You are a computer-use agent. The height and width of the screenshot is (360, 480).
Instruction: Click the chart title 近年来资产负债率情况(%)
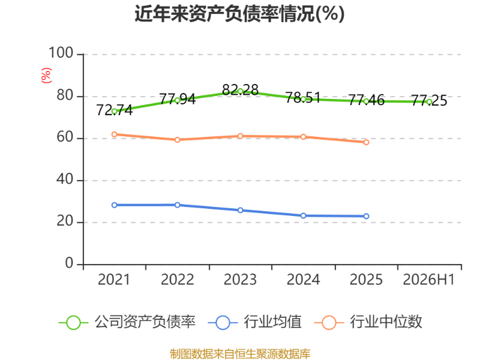click(239, 14)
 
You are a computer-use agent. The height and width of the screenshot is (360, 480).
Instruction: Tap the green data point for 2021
click(115, 112)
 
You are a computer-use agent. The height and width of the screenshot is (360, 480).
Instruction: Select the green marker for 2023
click(241, 91)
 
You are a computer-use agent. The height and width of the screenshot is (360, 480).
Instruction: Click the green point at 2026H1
click(429, 102)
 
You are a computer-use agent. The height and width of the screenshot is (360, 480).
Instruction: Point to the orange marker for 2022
click(177, 140)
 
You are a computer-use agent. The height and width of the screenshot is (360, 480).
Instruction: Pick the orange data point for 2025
click(366, 142)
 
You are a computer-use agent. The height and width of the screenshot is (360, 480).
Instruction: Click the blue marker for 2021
click(115, 205)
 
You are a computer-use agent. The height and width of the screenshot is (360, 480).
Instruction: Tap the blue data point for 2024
click(304, 216)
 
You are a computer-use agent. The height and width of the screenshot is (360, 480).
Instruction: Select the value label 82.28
click(241, 89)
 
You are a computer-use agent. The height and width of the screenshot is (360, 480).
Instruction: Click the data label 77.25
click(429, 100)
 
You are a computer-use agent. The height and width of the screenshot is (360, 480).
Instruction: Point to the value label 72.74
click(115, 110)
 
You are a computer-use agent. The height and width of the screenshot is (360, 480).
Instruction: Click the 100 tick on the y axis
click(61, 53)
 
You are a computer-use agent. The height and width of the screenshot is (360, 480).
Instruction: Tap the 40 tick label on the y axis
click(65, 179)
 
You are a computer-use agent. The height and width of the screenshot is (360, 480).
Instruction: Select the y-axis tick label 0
click(69, 263)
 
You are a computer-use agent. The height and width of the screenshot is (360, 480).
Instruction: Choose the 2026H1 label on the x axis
click(429, 280)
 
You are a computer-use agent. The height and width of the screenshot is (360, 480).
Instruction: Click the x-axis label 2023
click(241, 280)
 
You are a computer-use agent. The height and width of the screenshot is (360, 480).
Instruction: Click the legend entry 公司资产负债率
click(127, 322)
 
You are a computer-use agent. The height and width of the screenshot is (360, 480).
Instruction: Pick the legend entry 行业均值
click(254, 322)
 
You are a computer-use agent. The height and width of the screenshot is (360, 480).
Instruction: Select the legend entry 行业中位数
click(368, 322)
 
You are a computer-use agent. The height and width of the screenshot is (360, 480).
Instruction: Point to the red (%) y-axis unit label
click(46, 76)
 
